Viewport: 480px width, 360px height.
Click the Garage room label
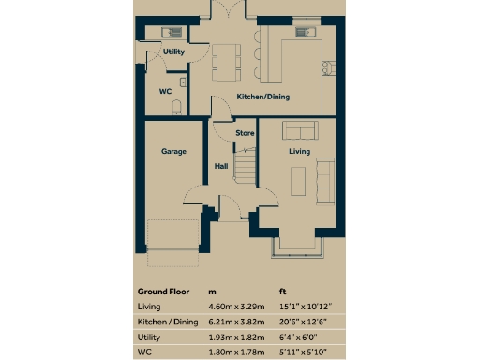pyautogui.click(x=173, y=150)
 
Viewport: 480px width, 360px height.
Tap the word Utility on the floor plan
pyautogui.click(x=173, y=52)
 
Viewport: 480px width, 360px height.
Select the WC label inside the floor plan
pyautogui.click(x=164, y=91)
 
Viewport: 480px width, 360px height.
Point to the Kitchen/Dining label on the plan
pyautogui.click(x=262, y=97)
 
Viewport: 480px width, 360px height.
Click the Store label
pyautogui.click(x=245, y=133)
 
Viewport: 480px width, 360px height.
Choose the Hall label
pyautogui.click(x=221, y=166)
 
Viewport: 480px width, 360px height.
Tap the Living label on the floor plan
pyautogui.click(x=299, y=150)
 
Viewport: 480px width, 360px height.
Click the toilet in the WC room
pyautogui.click(x=175, y=108)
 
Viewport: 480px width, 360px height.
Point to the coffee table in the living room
pyautogui.click(x=299, y=178)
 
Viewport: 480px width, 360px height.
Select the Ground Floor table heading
pyautogui.click(x=164, y=291)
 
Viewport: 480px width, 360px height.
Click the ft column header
pyautogui.click(x=283, y=291)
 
